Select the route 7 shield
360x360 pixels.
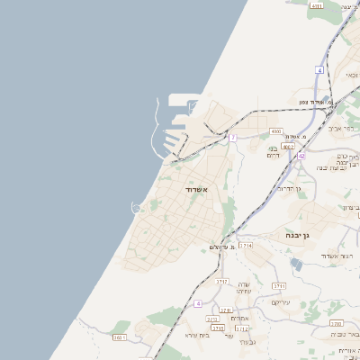pyautogui.click(x=232, y=138)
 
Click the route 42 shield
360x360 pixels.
pyautogui.click(x=301, y=156)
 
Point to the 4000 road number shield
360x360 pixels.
pyautogui.click(x=275, y=130)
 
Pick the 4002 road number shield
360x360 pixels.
pyautogui.click(x=288, y=146)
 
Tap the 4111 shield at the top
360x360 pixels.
pyautogui.click(x=315, y=5)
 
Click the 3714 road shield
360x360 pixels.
pyautogui.click(x=247, y=245)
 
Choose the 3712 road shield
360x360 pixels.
pyautogui.click(x=242, y=328)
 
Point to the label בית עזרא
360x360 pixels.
pyautogui.click(x=198, y=335)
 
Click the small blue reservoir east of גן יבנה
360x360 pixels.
pyautogui.click(x=297, y=264)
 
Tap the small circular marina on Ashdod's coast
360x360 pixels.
pyautogui.click(x=137, y=208)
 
